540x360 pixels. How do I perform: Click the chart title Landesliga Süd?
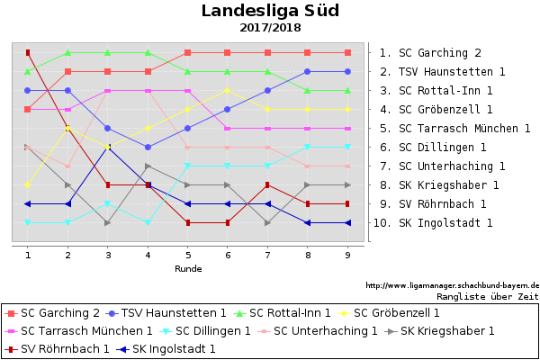270,11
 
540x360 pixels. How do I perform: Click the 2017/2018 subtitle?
270,28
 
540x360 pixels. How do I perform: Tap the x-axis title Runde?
188,268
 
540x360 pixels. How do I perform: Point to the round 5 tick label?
188,256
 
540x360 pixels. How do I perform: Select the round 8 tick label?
308,256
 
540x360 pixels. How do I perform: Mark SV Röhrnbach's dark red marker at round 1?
28,52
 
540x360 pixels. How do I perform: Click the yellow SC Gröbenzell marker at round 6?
228,90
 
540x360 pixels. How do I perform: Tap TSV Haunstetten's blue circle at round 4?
148,147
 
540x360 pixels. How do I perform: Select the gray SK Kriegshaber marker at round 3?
108,222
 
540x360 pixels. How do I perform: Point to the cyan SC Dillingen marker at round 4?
148,222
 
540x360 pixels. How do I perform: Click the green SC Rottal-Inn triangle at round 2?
68,52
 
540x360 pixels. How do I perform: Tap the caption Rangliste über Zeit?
487,295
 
